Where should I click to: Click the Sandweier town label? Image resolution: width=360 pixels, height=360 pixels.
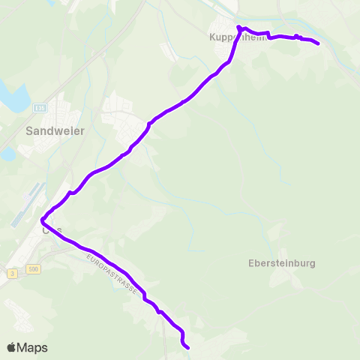(x=55, y=130)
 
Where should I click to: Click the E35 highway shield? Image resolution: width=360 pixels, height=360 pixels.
(x=40, y=108)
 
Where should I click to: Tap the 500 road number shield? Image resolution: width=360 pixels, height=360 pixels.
(x=33, y=268)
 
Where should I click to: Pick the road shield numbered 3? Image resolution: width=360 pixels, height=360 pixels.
(x=13, y=275)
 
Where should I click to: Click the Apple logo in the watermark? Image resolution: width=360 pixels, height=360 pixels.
(x=11, y=347)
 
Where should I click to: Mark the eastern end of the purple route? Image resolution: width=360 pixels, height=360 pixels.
(x=319, y=43)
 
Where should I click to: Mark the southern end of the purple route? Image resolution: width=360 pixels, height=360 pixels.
(x=187, y=348)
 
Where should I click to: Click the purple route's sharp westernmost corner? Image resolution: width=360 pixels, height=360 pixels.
(x=41, y=220)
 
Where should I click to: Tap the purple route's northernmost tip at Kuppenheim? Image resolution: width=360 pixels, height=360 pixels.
(x=238, y=27)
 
